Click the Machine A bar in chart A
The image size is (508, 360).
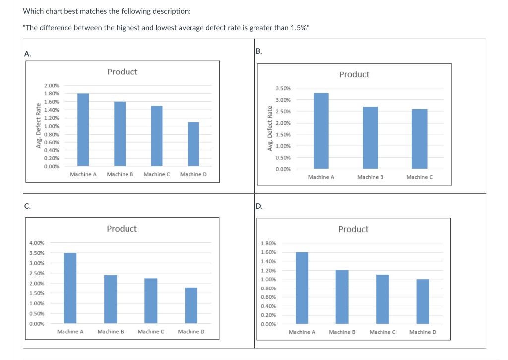(83, 130)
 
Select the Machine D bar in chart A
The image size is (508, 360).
(193, 144)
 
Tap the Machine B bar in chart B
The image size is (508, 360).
(370, 138)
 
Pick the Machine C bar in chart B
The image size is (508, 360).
(419, 139)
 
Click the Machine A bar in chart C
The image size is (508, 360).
(70, 288)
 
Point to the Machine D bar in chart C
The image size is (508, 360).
(191, 305)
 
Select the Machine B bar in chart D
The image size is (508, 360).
(342, 297)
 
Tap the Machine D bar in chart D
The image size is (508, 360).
(423, 301)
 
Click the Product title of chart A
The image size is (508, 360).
(122, 72)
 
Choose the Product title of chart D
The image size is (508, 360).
(353, 229)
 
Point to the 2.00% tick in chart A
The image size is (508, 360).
(51, 85)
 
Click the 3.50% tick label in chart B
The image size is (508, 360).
(283, 88)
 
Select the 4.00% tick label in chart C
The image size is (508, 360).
(37, 243)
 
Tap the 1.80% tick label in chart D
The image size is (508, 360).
(268, 243)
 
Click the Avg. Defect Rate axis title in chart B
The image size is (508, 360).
(270, 129)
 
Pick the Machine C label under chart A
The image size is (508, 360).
(157, 174)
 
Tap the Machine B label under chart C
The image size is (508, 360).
(111, 331)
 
